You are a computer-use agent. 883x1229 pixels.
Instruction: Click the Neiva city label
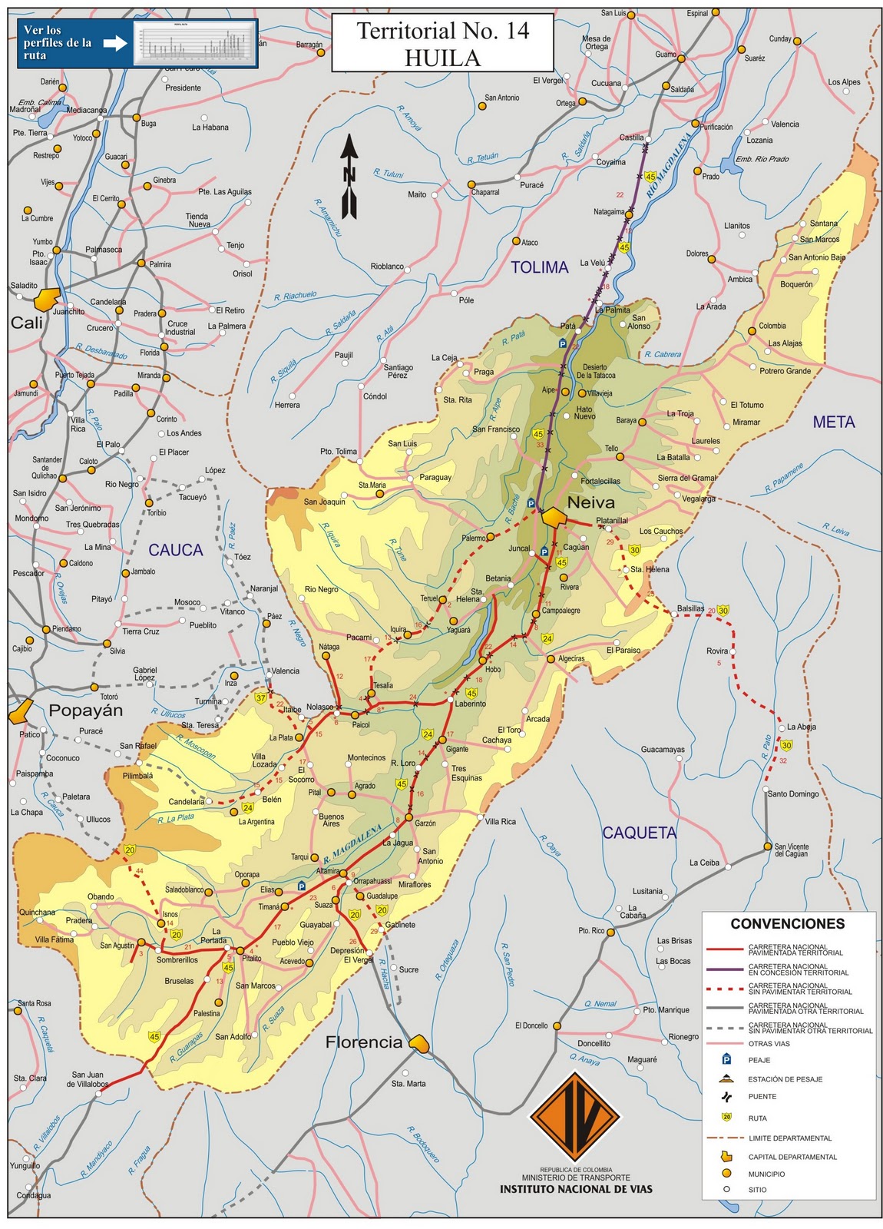pos(590,502)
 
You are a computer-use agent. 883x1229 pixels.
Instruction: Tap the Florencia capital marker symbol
pos(418,1042)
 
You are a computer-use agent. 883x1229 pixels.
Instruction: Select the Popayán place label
pos(85,710)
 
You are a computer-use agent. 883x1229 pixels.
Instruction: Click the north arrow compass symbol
pos(349,177)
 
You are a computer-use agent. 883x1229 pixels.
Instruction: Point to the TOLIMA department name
pos(540,267)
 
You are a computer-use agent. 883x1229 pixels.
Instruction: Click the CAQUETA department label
pos(639,833)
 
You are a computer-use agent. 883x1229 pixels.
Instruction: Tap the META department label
pos(834,422)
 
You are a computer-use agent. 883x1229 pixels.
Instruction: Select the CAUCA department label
pos(176,550)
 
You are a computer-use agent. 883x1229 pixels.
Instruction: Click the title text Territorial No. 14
pos(443,31)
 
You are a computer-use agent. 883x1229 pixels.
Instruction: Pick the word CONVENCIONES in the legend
pos(787,924)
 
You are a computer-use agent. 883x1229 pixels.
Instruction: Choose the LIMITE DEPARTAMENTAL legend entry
pos(789,1138)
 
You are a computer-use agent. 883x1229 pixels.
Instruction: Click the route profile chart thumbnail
pos(195,43)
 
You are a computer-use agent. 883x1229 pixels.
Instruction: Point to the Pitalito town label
pos(252,959)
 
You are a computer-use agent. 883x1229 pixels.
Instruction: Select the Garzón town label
pos(425,823)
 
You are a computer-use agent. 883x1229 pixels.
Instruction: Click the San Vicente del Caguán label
pos(791,850)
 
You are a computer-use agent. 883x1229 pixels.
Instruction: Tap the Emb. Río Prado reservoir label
pos(762,159)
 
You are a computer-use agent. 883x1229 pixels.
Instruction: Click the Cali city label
pos(27,323)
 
